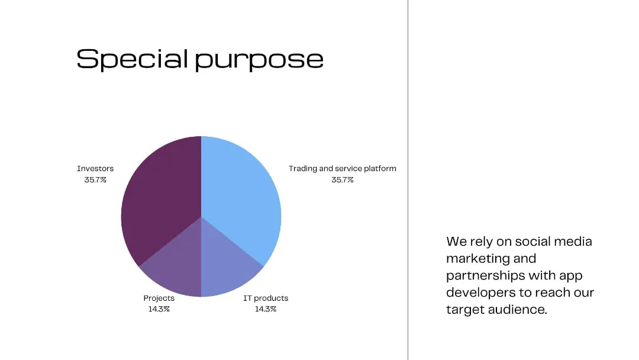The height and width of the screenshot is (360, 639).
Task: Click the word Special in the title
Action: (x=132, y=59)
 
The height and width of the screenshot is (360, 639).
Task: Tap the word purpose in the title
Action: (x=259, y=61)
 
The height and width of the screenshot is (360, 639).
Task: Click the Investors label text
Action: (x=95, y=168)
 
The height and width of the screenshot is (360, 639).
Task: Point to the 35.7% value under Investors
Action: (x=95, y=180)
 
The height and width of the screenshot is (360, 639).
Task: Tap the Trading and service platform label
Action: (x=343, y=168)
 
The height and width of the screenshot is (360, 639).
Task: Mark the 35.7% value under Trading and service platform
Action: (x=343, y=180)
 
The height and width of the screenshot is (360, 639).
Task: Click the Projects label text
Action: (x=159, y=298)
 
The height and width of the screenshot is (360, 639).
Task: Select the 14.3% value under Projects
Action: (x=159, y=309)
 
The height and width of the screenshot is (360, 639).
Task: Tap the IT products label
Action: (x=266, y=298)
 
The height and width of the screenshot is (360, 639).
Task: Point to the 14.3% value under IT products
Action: (x=266, y=309)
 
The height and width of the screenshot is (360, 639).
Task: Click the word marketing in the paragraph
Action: (x=473, y=259)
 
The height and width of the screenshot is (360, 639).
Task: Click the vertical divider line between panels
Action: (x=408, y=180)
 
